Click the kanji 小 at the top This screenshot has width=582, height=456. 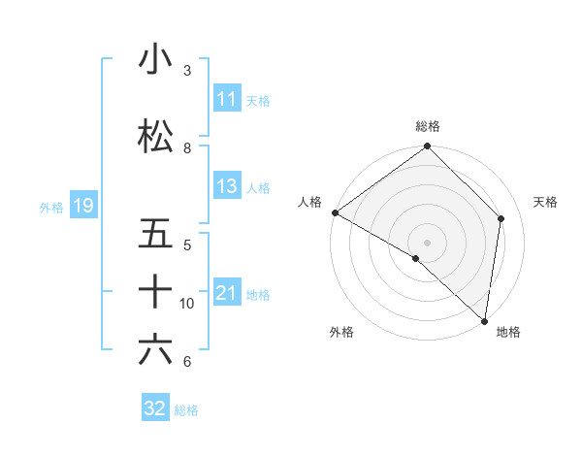155,59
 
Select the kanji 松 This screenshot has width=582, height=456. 155,137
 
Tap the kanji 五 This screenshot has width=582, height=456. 155,234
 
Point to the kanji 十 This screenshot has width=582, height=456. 155,292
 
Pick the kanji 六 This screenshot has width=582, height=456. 155,350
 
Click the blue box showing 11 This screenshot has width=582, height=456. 226,99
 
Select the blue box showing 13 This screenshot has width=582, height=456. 226,186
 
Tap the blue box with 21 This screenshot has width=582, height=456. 226,293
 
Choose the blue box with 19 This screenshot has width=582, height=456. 82,205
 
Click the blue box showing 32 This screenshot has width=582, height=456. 155,408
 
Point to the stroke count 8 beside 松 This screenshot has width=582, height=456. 187,148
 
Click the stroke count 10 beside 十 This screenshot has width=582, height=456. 187,304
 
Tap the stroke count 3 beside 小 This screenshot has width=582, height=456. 187,71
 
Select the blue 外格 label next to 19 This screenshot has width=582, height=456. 50,206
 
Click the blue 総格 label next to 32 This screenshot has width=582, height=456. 186,410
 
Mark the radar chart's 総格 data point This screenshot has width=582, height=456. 427,147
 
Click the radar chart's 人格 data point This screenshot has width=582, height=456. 335,212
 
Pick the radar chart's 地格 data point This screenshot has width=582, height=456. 484,320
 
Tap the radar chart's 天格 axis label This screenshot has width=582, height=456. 546,202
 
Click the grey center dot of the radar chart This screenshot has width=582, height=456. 427,242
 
